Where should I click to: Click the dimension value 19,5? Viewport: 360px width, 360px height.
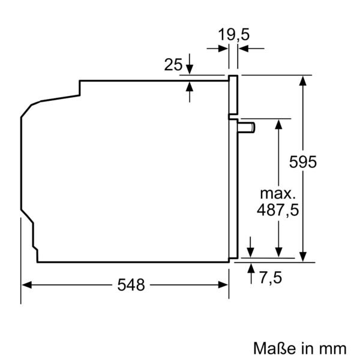click(233, 35)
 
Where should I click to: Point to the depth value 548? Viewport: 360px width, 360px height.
click(131, 285)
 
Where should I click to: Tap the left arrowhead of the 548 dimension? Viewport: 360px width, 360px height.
click(26, 285)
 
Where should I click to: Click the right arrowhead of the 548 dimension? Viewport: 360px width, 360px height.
click(224, 285)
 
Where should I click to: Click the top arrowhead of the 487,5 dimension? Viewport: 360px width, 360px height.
click(278, 123)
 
